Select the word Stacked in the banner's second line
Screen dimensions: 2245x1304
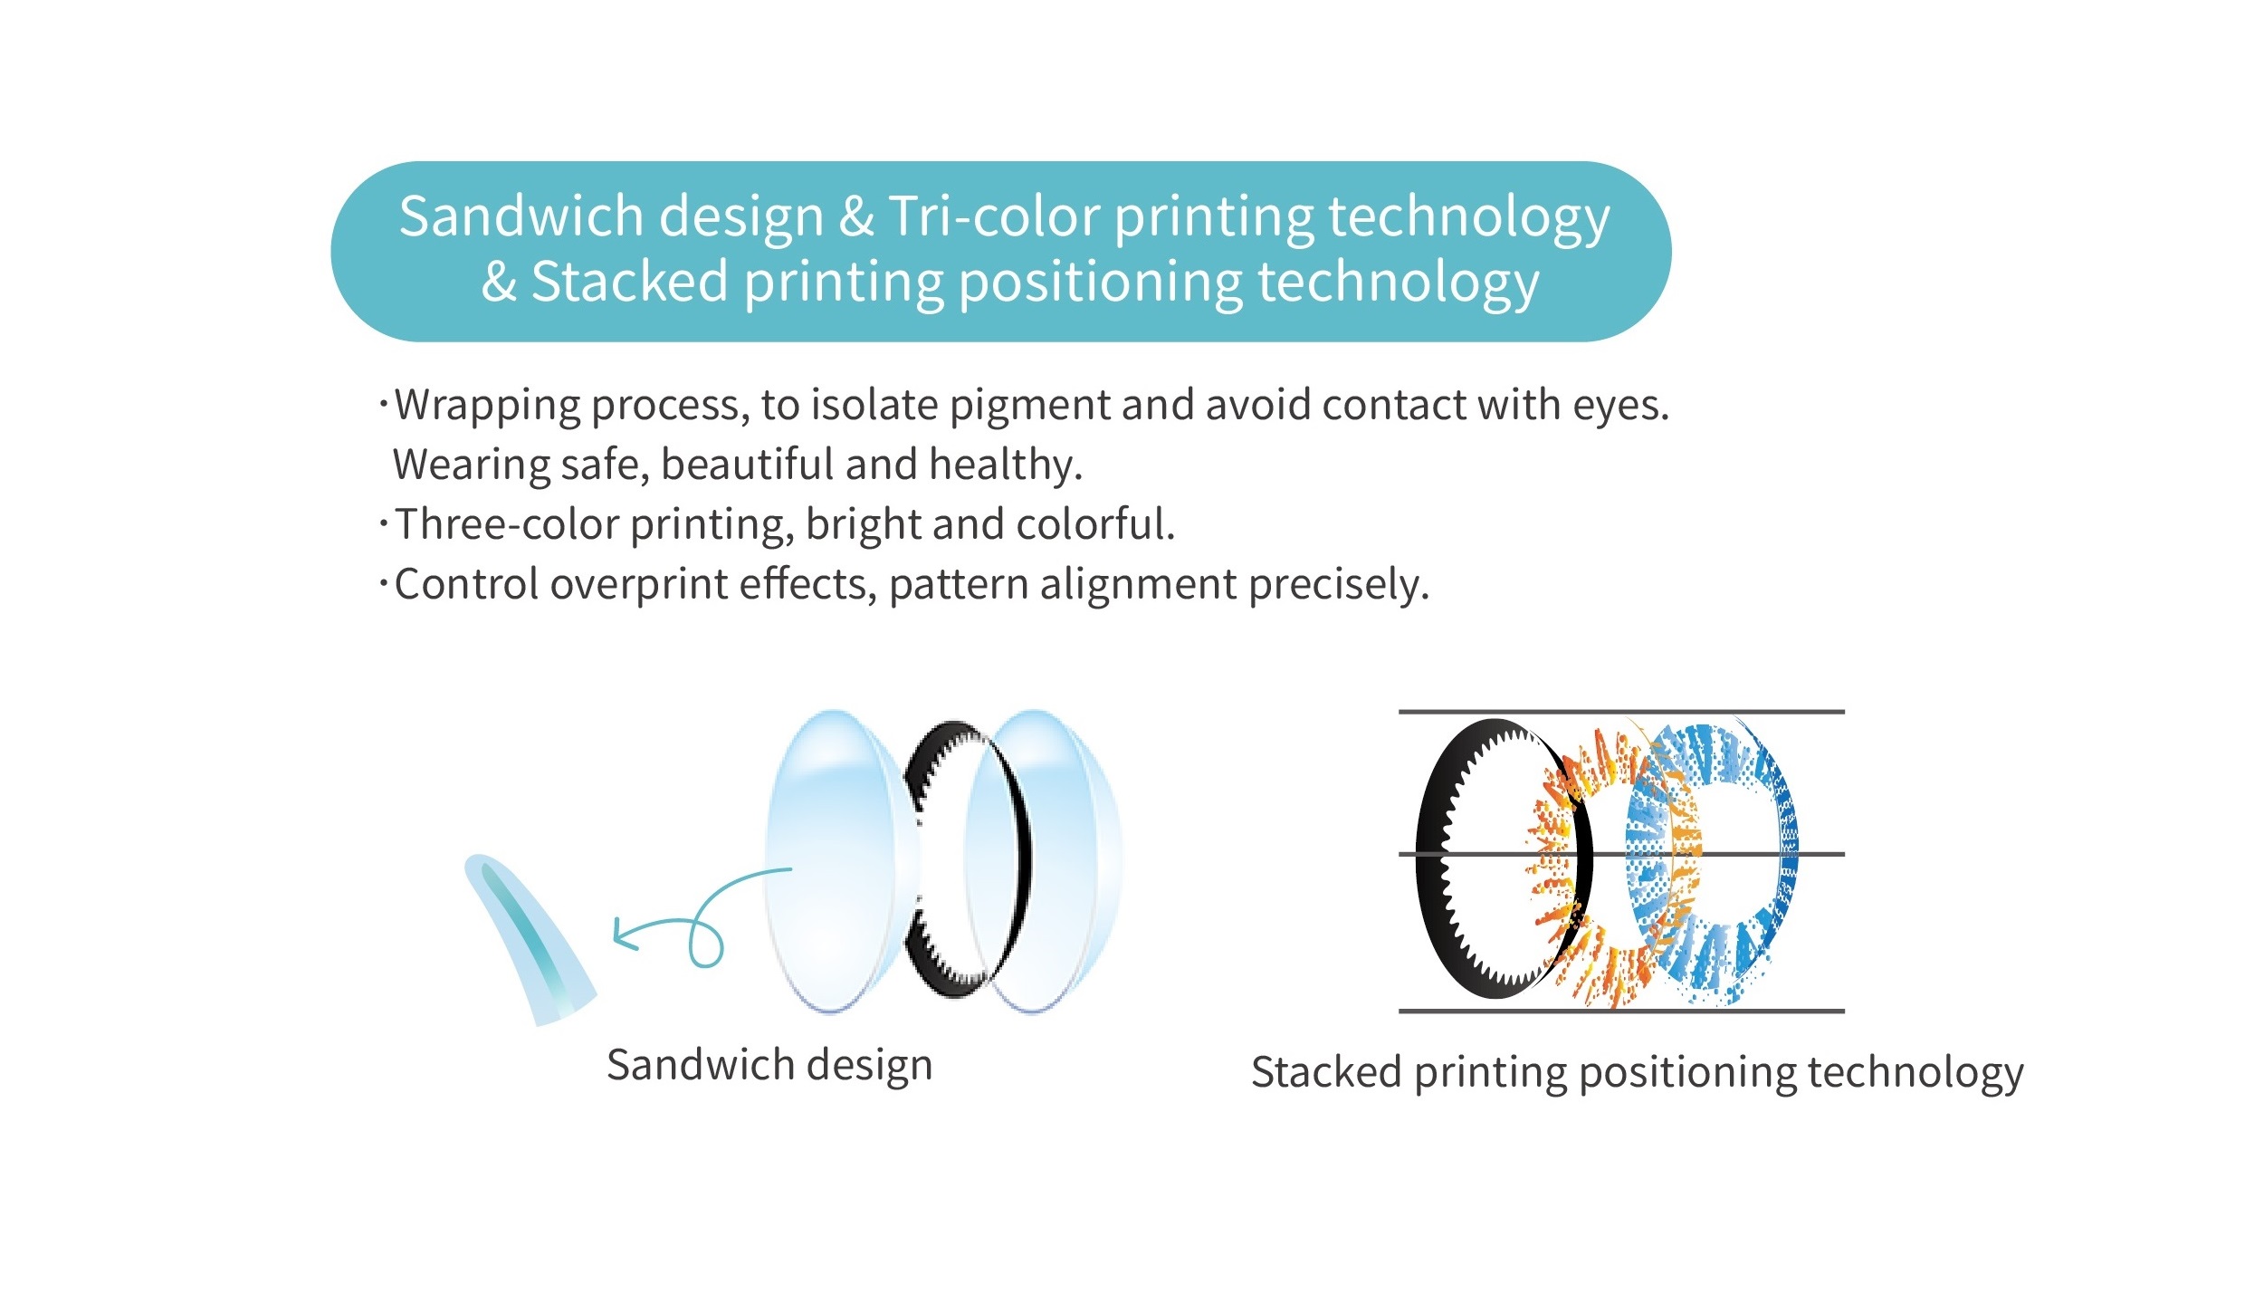tap(630, 282)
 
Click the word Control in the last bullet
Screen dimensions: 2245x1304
tap(467, 584)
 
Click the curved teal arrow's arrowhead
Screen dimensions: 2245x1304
tap(625, 934)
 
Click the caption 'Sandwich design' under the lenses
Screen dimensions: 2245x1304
tap(769, 1066)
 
